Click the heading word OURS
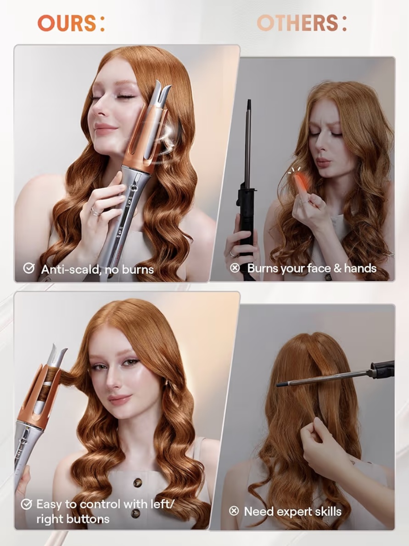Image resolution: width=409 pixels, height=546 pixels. pos(66,23)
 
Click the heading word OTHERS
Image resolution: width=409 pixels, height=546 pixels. pos(297,23)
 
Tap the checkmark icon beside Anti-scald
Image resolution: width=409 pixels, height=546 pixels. pos(28,269)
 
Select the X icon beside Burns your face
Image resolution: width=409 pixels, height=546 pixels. pos(235,268)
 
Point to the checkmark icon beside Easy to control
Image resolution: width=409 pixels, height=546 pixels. pos(26,504)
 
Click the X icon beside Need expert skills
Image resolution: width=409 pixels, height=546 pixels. pos(234,511)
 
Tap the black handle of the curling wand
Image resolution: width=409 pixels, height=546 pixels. pos(247,216)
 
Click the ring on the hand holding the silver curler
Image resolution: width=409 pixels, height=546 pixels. pos(96,211)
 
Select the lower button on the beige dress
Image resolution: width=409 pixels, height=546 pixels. pos(135,513)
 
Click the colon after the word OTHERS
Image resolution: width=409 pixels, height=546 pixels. pos(344,23)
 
